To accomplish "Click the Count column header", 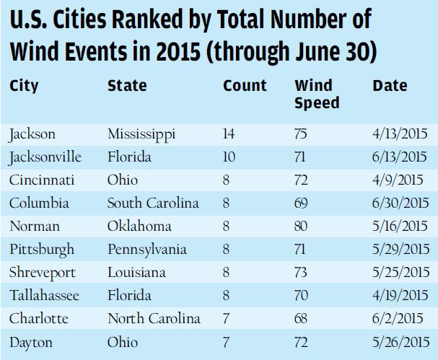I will [x=245, y=86].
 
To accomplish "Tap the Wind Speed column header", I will [x=316, y=95].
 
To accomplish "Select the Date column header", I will [x=390, y=86].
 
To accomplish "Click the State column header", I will [x=127, y=86].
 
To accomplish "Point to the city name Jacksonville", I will [x=45, y=157].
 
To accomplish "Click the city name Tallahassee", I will [x=45, y=295].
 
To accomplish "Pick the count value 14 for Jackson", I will [x=230, y=133].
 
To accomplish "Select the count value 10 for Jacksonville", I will [x=230, y=157].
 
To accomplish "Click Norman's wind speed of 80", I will [x=302, y=226].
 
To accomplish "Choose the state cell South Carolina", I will [x=153, y=203].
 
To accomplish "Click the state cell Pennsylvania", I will [x=146, y=249].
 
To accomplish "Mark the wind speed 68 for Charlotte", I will [x=302, y=318].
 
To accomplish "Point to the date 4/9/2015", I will [x=398, y=180].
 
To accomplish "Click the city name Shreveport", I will [x=42, y=272].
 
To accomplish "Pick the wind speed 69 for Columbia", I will [x=302, y=203].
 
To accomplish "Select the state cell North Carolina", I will [x=153, y=318].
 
